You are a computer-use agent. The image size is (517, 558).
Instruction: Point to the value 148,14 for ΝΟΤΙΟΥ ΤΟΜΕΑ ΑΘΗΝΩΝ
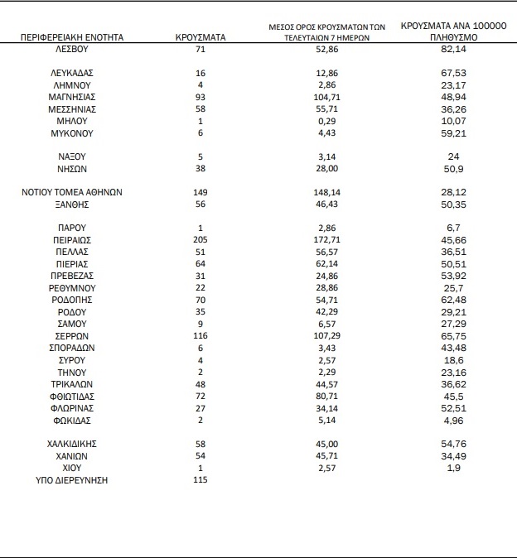click(x=328, y=191)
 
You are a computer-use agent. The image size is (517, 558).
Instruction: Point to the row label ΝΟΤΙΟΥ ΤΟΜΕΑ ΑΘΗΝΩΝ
click(x=71, y=191)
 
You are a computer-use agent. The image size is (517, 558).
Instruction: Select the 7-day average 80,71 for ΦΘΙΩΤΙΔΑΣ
click(x=328, y=396)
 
